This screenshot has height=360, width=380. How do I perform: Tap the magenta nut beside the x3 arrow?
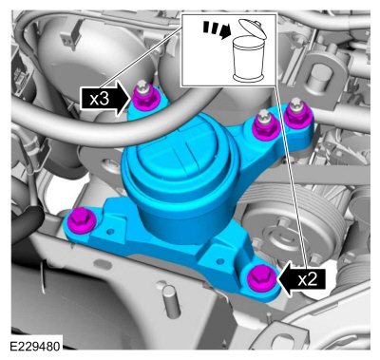click(x=145, y=95)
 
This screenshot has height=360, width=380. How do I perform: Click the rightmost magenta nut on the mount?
click(x=295, y=116)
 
